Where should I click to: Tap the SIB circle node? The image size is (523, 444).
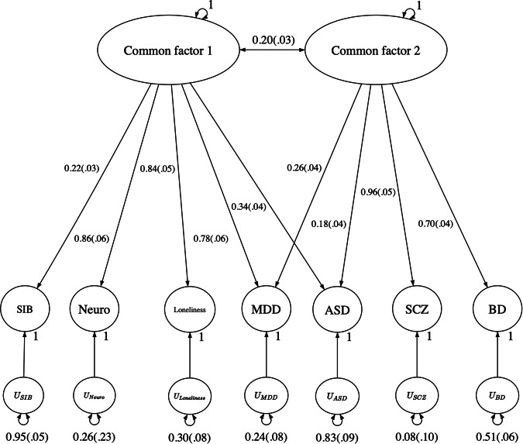[x=25, y=310]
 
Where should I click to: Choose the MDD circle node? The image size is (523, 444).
[x=266, y=310]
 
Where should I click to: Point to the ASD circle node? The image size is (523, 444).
[x=338, y=310]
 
